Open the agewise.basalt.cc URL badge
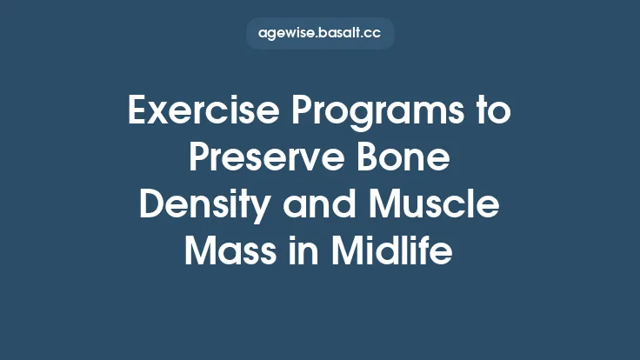coord(320,34)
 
